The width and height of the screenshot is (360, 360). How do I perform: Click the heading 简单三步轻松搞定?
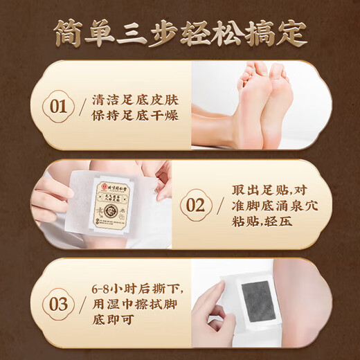[x=180, y=33]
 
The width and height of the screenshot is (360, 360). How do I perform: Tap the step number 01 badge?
[x=58, y=108]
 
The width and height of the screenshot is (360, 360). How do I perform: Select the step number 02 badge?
[x=196, y=206]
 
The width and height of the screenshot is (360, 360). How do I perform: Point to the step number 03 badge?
[x=58, y=305]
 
